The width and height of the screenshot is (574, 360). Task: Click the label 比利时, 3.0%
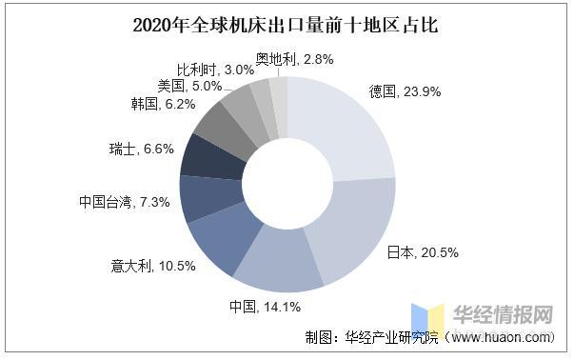tap(223, 70)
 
